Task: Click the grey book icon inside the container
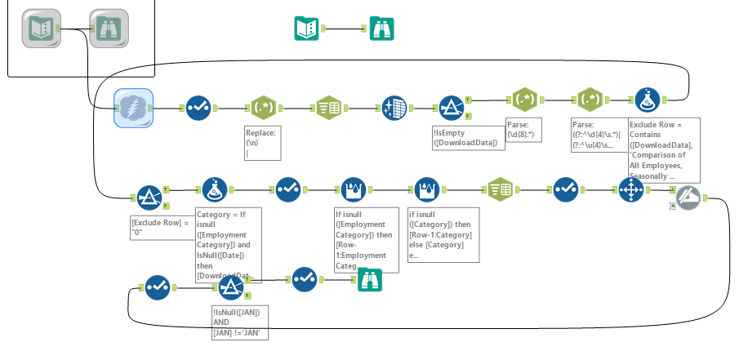[39, 29]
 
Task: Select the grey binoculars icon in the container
[105, 29]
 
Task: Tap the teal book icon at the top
[306, 29]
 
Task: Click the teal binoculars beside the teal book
[381, 29]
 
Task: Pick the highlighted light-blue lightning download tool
[134, 108]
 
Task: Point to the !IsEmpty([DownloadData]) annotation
[460, 137]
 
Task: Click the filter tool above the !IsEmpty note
[452, 108]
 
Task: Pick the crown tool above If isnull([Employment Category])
[353, 190]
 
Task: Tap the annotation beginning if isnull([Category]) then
[442, 233]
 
